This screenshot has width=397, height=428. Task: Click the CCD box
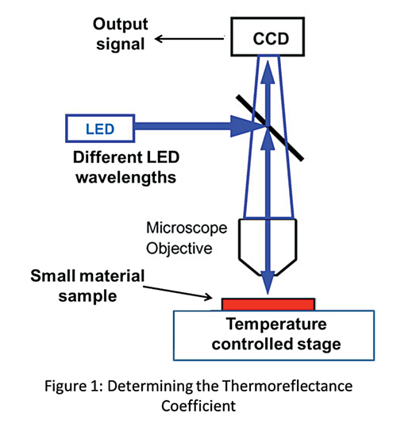pos(270,38)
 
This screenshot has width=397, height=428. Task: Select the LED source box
pos(98,125)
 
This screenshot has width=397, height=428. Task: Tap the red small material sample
pos(268,305)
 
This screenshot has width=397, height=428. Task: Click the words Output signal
pos(117,37)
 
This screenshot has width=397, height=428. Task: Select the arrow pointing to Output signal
pos(191,36)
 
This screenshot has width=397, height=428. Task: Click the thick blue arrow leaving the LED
pos(191,125)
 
